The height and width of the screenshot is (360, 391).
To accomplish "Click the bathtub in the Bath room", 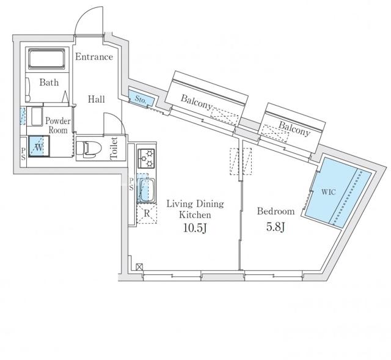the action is point(46,59).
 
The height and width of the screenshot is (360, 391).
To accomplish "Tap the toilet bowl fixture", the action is point(89,149).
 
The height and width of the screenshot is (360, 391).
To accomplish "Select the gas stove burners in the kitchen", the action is point(147,158).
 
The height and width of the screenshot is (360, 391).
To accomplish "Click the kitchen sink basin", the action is point(146,190).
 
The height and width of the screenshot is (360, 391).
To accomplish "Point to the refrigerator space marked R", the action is point(147,214).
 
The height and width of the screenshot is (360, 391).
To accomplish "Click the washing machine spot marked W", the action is point(39,146).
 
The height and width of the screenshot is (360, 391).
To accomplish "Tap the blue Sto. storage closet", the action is point(141,98).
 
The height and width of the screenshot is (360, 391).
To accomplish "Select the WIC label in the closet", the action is point(329,192).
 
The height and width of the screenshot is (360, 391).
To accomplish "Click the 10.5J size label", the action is point(195,228).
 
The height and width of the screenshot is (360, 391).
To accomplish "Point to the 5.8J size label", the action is point(276,227).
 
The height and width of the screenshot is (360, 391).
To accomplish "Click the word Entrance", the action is point(94,57).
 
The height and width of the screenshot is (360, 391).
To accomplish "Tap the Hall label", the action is point(97,99).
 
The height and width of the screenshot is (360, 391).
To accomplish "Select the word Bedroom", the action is point(276,211).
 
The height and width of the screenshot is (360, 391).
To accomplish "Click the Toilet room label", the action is point(114,148).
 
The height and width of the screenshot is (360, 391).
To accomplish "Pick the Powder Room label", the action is point(58,125).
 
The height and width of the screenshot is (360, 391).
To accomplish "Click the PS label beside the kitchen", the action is point(131,184).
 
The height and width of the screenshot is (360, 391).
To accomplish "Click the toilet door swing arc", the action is point(118,119).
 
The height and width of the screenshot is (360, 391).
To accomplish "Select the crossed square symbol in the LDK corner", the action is point(139,266).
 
